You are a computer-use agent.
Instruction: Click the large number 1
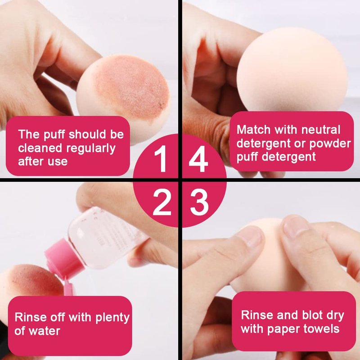pyautogui.click(x=162, y=159)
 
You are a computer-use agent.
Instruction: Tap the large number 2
pyautogui.click(x=162, y=202)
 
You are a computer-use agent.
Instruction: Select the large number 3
pyautogui.click(x=199, y=202)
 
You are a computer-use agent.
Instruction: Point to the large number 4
pyautogui.click(x=198, y=159)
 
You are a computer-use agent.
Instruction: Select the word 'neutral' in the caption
pyautogui.click(x=321, y=130)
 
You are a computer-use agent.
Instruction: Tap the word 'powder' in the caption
pyautogui.click(x=330, y=144)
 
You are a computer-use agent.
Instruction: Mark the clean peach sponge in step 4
pyautogui.click(x=292, y=71)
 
